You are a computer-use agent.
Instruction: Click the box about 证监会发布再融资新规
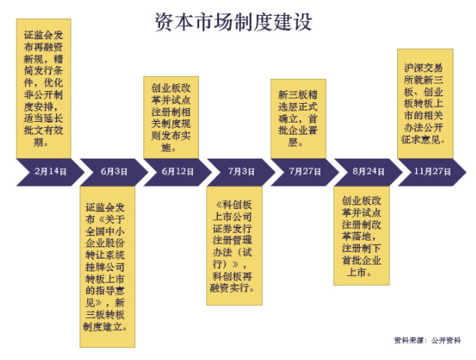click(x=44, y=88)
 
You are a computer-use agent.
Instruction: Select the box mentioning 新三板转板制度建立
click(x=108, y=267)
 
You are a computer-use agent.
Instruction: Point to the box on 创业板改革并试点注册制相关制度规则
click(x=170, y=116)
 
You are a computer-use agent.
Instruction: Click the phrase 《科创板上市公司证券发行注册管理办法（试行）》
click(x=233, y=234)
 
